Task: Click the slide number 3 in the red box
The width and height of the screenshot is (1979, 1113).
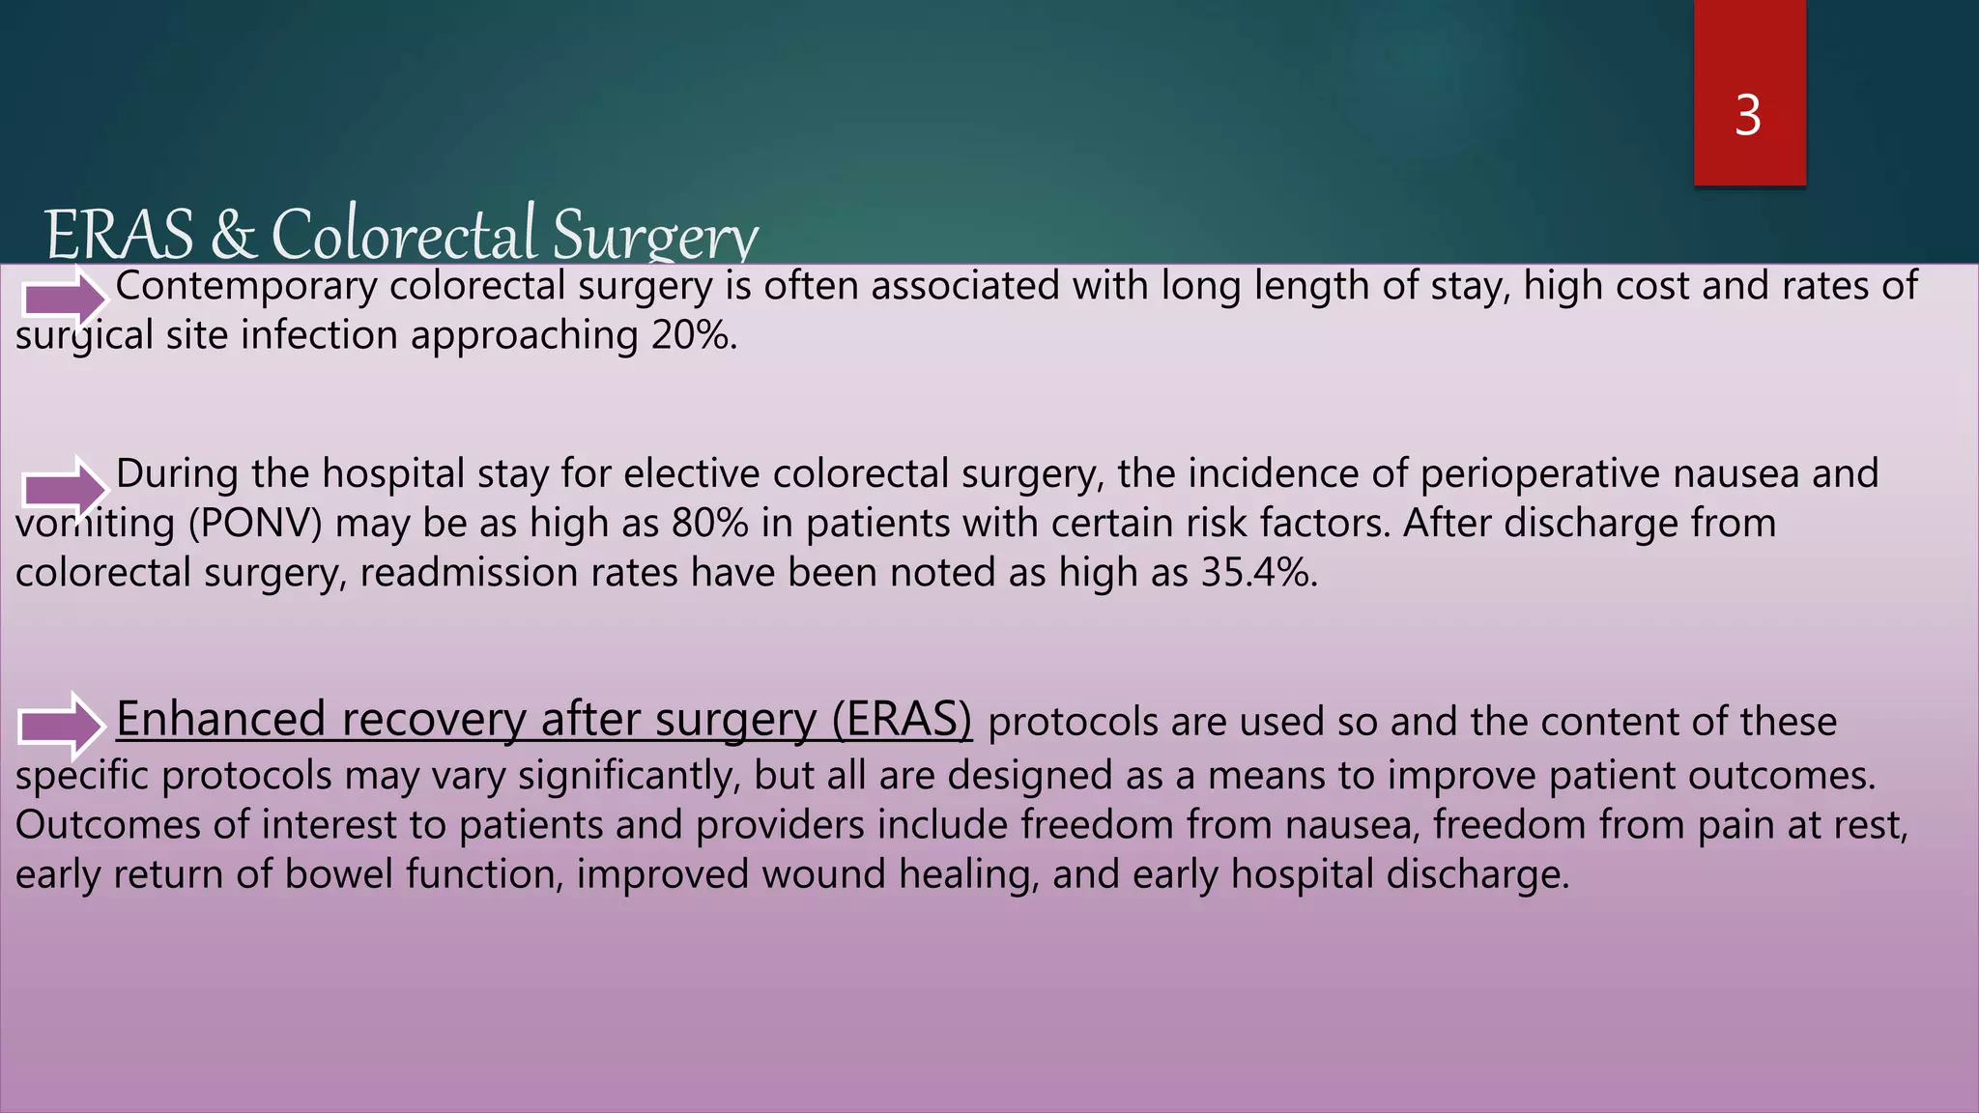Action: [x=1748, y=116]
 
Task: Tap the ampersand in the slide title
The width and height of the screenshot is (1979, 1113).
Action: [x=233, y=234]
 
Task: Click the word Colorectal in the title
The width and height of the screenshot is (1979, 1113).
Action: [x=404, y=234]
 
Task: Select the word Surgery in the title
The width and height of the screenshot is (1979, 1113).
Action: [x=655, y=236]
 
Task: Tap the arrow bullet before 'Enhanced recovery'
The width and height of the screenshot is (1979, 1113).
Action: [x=61, y=725]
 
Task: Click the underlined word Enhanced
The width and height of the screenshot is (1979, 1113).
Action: [x=220, y=719]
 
